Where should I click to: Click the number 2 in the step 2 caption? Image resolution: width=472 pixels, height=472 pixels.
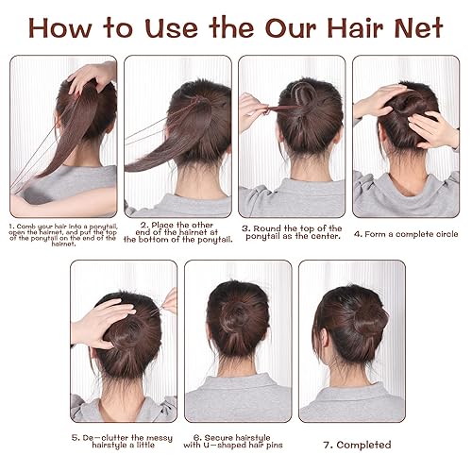[x=142, y=225]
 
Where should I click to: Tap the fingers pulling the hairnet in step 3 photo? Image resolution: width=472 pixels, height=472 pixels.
[x=252, y=109]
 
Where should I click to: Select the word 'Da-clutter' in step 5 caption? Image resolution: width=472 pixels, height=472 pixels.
[x=103, y=437]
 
